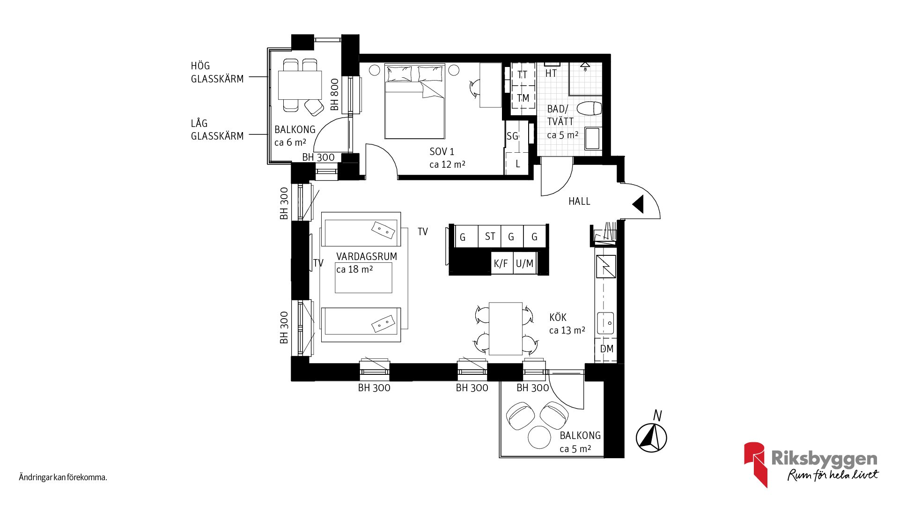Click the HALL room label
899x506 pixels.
[579, 201]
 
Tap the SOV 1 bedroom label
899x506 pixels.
[442, 152]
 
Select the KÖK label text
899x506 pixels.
[558, 318]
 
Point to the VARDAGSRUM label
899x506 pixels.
[367, 257]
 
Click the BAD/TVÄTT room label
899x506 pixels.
[560, 115]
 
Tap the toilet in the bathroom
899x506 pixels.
[589, 108]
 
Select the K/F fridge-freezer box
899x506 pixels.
[501, 263]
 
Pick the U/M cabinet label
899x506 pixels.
[524, 263]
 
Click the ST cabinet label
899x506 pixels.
[490, 237]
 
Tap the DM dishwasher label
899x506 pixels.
[606, 349]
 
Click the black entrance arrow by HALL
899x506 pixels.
[638, 204]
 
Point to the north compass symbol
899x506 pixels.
[651, 437]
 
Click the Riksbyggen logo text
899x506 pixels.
[824, 459]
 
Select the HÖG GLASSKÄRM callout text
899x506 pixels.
[217, 73]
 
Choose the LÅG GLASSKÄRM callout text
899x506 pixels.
[217, 130]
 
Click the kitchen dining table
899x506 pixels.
[505, 328]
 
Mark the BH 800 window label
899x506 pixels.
[334, 95]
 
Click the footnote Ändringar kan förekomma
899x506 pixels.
[63, 478]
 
